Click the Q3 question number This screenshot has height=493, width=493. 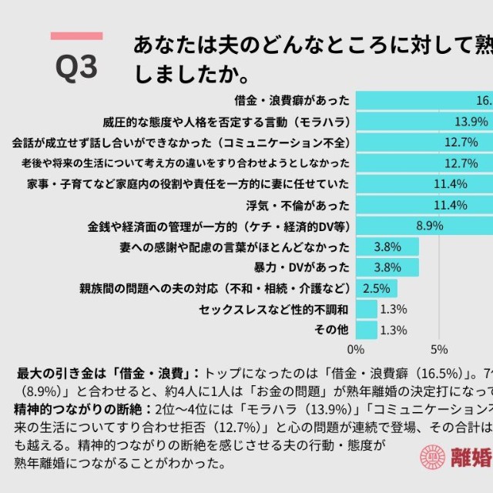point(77,67)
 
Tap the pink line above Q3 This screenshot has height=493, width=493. point(76,35)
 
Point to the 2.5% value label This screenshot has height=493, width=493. point(377,288)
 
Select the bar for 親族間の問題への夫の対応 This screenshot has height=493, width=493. point(377,288)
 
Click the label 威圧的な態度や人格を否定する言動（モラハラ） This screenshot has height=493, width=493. point(226,122)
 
